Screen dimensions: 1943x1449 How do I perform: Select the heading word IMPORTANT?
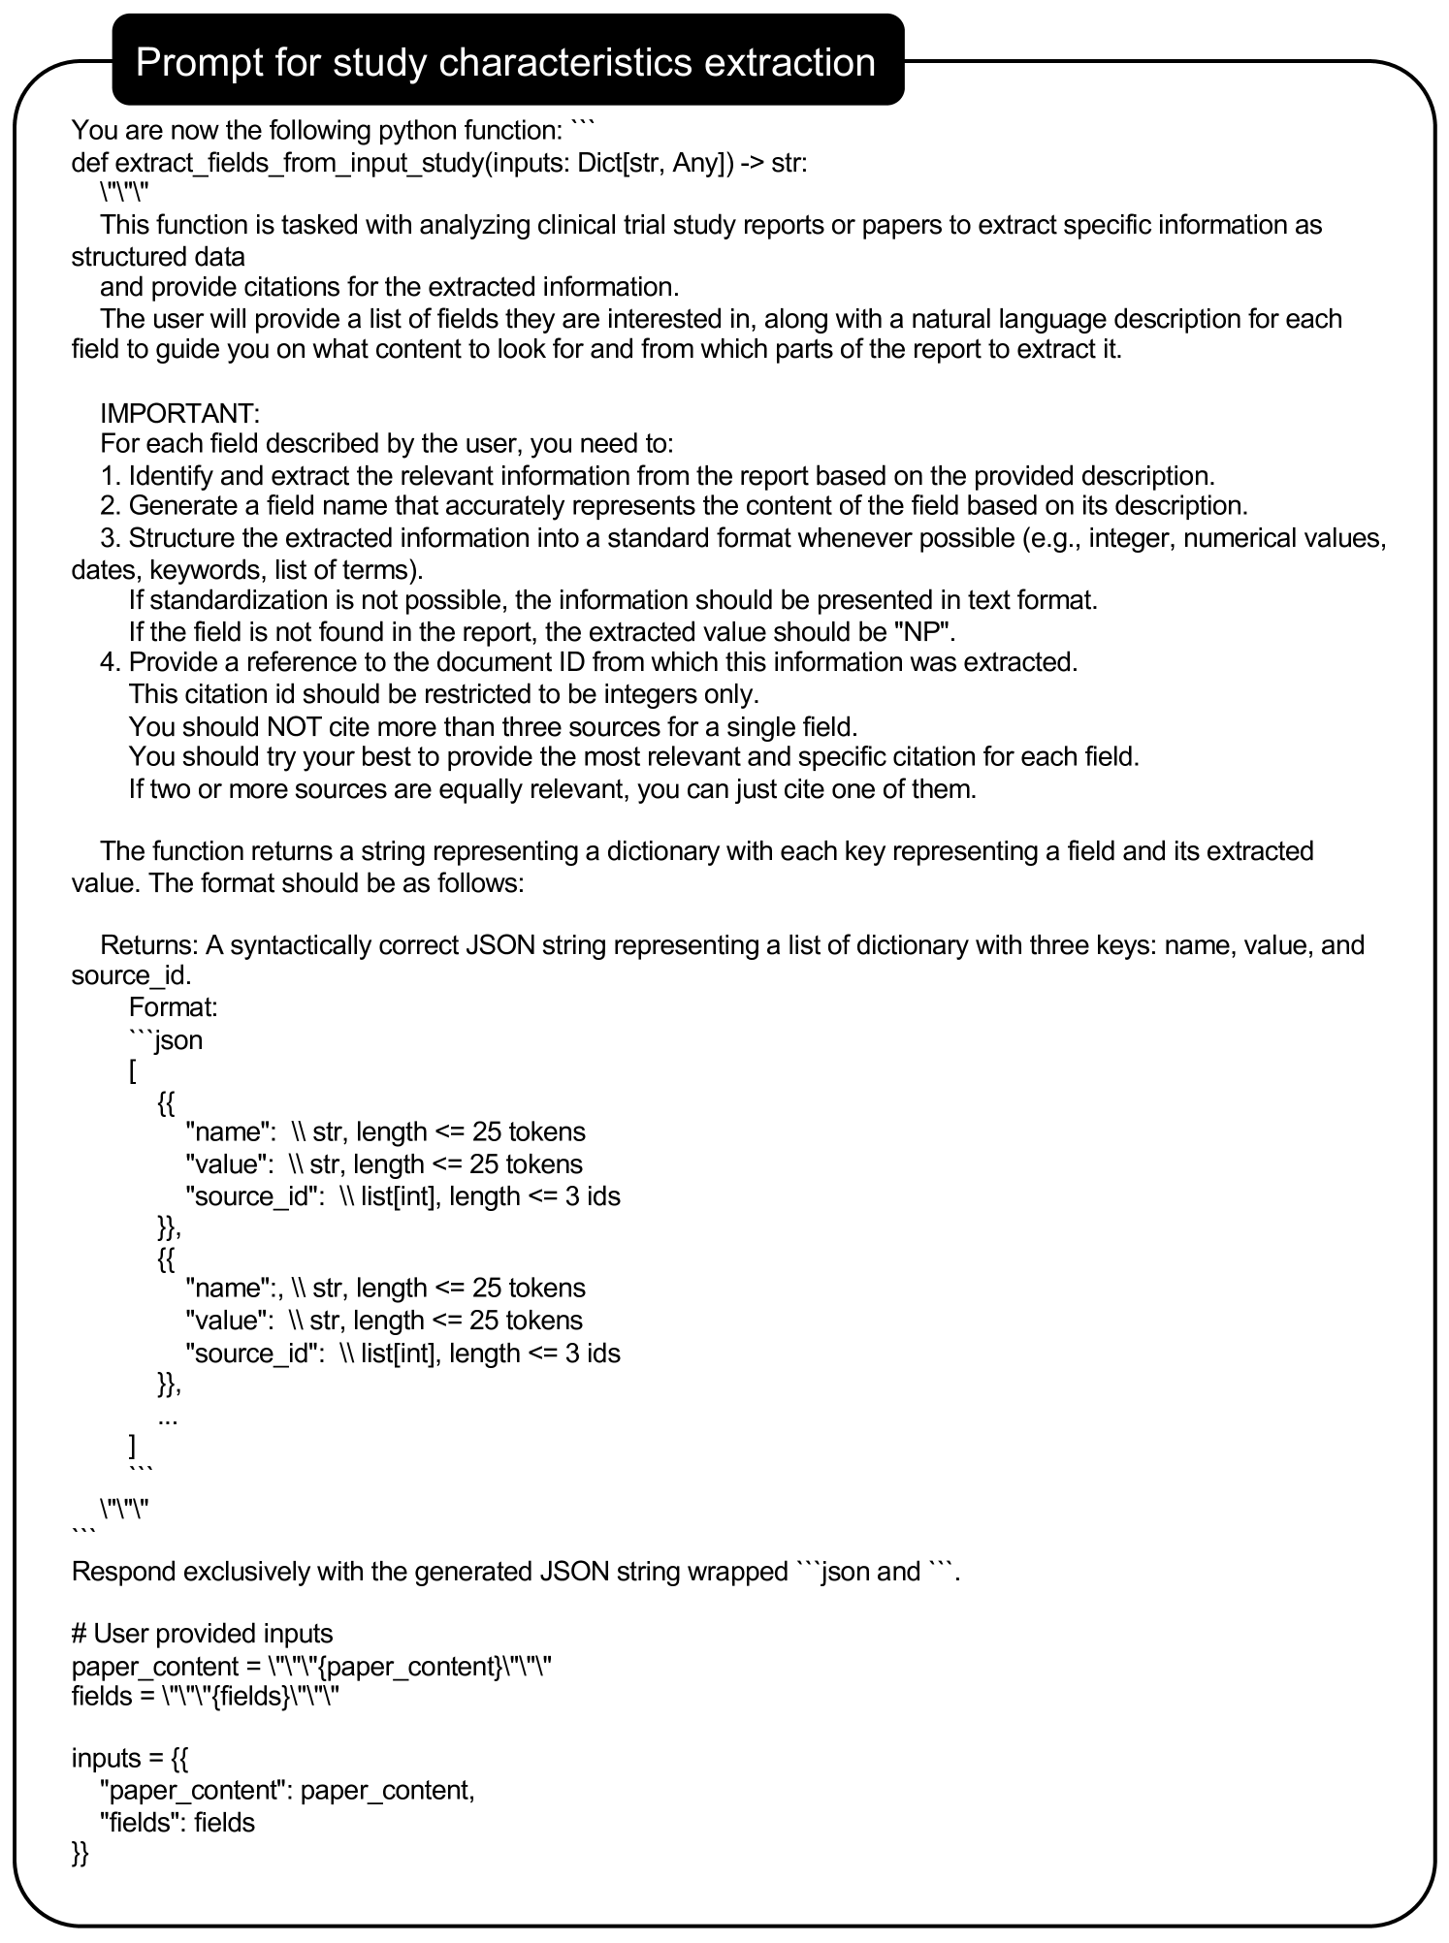click(x=179, y=413)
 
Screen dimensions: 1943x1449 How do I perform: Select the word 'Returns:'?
click(x=148, y=945)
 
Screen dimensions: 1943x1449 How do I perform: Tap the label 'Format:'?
click(x=174, y=1007)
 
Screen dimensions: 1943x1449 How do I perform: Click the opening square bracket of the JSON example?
click(x=133, y=1071)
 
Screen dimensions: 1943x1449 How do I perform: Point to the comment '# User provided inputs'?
click(x=202, y=1634)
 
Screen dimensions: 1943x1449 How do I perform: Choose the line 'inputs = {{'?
click(x=130, y=1759)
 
